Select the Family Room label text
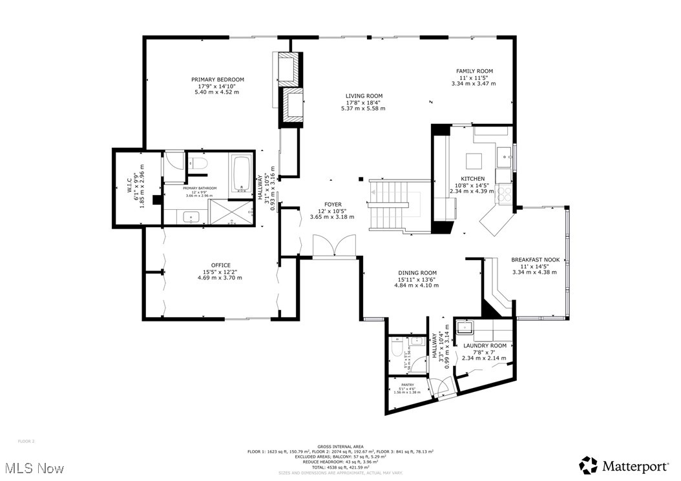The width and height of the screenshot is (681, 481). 474,71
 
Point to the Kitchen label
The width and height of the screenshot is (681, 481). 472,179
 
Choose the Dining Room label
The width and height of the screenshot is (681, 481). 416,272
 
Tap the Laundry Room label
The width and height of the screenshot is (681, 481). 485,346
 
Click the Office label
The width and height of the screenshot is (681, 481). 220,265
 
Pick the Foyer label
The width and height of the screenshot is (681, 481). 333,205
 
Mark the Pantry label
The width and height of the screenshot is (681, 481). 407,385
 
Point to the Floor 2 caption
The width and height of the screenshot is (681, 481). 26,441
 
